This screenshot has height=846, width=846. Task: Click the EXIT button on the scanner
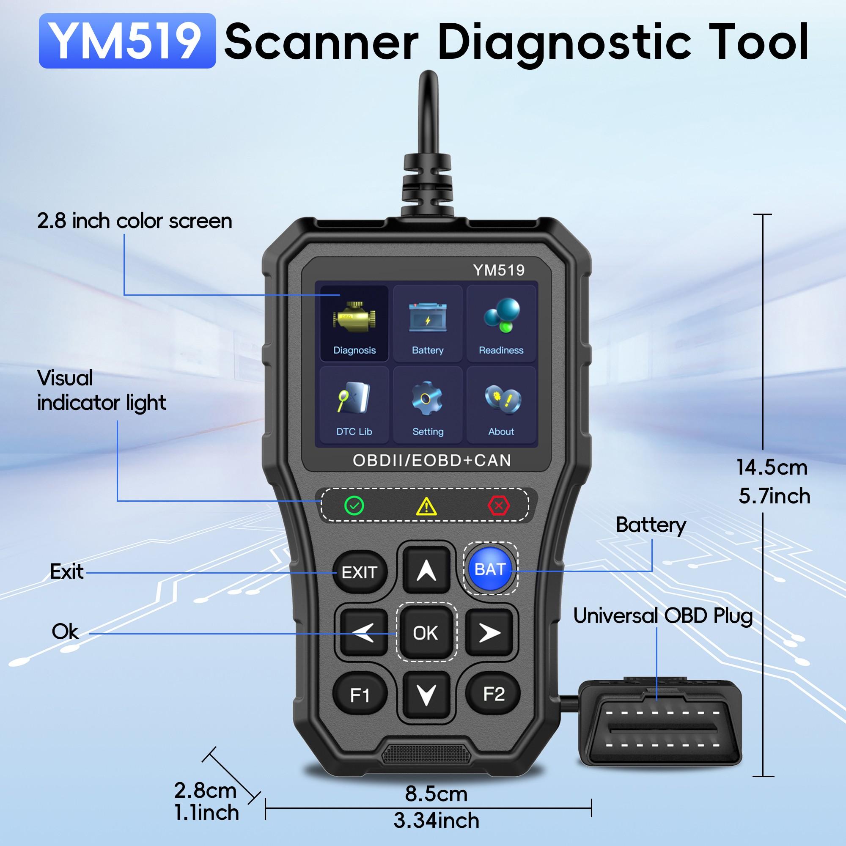360,572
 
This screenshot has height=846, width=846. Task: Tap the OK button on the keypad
426,633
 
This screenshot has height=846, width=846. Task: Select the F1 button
360,695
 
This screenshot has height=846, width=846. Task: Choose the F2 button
494,694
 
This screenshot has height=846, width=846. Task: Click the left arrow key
363,633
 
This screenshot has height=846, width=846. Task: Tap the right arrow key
489,633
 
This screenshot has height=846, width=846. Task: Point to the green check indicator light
354,506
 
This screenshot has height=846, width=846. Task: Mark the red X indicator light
498,506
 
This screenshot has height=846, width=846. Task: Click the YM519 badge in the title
127,41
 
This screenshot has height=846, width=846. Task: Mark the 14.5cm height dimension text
772,467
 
